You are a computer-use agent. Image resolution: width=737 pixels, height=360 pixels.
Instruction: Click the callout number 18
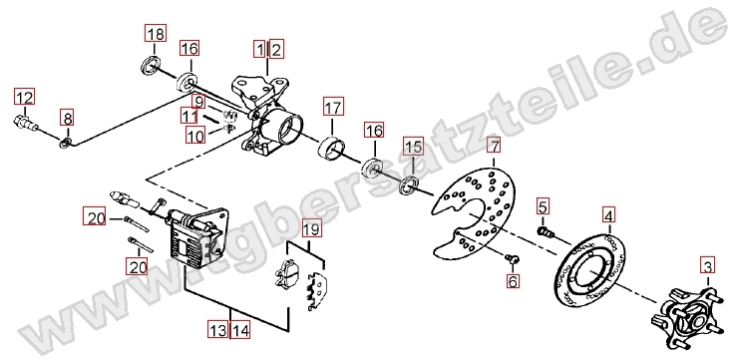coord(156,34)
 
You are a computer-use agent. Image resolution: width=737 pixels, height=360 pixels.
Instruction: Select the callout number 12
coord(25,98)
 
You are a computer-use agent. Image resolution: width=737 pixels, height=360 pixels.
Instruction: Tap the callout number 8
coord(67,118)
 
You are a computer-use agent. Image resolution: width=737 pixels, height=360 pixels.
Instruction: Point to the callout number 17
coord(333,108)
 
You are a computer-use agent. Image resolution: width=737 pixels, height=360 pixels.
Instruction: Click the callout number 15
coord(414,147)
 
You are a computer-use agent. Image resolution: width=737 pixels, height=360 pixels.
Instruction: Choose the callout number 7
coord(494,146)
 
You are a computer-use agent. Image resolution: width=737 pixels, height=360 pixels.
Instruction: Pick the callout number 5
coord(543,206)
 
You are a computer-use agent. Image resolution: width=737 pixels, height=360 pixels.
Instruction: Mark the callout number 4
coord(608,216)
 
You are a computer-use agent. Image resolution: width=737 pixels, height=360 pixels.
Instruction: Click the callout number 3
coord(708,265)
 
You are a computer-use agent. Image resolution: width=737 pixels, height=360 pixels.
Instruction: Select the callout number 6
coord(513,281)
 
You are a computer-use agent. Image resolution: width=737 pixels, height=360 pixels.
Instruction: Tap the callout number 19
coord(311,229)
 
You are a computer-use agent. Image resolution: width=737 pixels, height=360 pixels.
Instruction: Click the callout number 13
coord(218,330)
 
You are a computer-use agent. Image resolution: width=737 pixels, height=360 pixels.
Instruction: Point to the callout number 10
coord(195,136)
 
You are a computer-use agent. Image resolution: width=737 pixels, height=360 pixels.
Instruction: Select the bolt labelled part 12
coord(25,122)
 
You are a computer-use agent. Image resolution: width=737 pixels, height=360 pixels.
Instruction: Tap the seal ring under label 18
coord(150,66)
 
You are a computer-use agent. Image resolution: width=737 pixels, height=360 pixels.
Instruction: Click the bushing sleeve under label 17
coord(331,148)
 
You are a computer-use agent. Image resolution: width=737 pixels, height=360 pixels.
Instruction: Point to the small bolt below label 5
coord(545,231)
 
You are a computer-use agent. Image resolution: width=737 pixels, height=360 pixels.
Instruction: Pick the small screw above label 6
coord(512,257)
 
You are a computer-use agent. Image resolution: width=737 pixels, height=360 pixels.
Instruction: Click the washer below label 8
coord(66,143)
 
